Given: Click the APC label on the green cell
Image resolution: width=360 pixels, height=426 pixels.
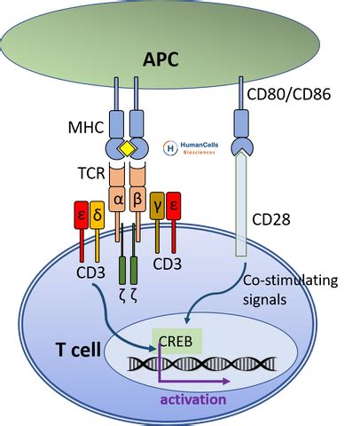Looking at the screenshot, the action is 160,59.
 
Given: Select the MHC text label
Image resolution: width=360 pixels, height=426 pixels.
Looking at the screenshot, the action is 86,127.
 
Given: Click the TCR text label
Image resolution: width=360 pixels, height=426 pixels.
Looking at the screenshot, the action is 91,173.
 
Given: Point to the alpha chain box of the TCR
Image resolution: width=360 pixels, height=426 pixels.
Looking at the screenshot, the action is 118,199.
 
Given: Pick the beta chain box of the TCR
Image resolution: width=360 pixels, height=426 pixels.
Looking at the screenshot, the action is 137,199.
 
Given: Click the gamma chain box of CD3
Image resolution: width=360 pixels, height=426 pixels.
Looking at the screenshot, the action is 157,206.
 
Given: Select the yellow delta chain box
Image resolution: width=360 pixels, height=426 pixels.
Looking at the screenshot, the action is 98,215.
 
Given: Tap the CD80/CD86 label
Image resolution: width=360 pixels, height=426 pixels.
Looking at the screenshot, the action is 288,94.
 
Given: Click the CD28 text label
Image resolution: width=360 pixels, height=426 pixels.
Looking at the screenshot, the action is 271,219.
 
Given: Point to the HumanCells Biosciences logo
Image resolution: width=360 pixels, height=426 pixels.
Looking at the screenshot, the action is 191,148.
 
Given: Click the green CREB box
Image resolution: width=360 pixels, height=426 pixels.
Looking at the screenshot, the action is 176,341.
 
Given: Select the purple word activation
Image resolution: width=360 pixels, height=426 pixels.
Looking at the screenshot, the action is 193,399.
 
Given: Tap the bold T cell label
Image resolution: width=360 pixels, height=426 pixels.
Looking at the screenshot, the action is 78,349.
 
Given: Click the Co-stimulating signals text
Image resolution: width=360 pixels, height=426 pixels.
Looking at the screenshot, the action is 290,290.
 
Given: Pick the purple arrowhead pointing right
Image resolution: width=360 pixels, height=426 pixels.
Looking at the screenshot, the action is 226,382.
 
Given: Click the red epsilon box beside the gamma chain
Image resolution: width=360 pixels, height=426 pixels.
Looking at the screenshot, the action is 174,206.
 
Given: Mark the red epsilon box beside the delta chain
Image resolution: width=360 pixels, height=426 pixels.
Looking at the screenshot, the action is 82,215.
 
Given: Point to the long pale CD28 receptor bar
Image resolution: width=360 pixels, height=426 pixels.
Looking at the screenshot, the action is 241,204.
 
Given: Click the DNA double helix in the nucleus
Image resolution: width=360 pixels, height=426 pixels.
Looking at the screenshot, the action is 202,364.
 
